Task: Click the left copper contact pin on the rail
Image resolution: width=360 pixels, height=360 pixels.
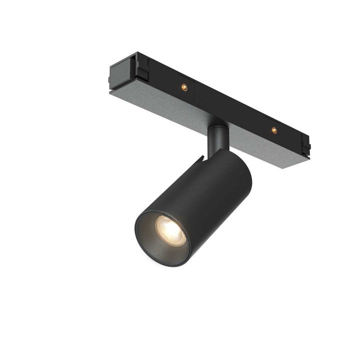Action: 184,86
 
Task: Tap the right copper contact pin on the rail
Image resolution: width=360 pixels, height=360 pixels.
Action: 274,130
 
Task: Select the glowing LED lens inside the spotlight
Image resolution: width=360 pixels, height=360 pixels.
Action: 169,229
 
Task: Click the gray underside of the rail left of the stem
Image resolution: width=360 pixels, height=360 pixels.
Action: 165,102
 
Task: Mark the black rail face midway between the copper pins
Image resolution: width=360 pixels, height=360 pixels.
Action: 229,107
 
